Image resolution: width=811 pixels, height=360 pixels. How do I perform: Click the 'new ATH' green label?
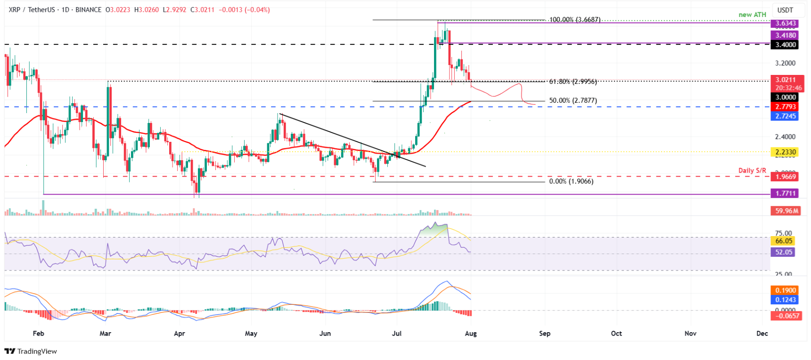tap(752, 15)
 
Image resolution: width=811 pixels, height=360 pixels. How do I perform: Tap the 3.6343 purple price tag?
tap(786, 24)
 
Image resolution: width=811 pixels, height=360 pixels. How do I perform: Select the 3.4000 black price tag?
tap(786, 45)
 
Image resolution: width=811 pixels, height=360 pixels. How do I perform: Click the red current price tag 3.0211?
tap(786, 80)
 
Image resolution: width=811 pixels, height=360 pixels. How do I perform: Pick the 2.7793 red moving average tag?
tap(786, 107)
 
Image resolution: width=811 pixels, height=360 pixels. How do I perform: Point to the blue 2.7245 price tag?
tap(786, 116)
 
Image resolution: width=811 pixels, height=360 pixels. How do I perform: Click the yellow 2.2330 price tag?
tap(786, 152)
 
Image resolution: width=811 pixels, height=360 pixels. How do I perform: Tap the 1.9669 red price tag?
tap(786, 177)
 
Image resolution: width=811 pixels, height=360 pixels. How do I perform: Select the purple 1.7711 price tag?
tap(786, 193)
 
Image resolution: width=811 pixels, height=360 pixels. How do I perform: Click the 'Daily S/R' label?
tap(752, 171)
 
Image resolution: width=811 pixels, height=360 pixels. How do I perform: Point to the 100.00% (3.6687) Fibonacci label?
tap(575, 20)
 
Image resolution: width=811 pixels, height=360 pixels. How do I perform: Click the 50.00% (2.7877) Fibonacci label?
tap(573, 101)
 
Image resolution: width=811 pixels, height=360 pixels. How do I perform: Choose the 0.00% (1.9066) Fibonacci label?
tap(571, 181)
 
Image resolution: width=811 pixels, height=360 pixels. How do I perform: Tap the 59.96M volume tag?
tap(786, 211)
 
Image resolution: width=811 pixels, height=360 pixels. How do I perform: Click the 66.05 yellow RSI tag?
tap(783, 241)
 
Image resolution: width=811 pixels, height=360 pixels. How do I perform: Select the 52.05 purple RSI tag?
tap(783, 252)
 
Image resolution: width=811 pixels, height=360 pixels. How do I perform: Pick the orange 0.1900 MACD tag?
tap(786, 290)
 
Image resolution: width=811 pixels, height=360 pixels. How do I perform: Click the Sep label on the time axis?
tap(544, 334)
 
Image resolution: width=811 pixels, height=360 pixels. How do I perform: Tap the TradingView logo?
tap(31, 351)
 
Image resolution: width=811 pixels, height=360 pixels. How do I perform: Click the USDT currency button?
tap(785, 10)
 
